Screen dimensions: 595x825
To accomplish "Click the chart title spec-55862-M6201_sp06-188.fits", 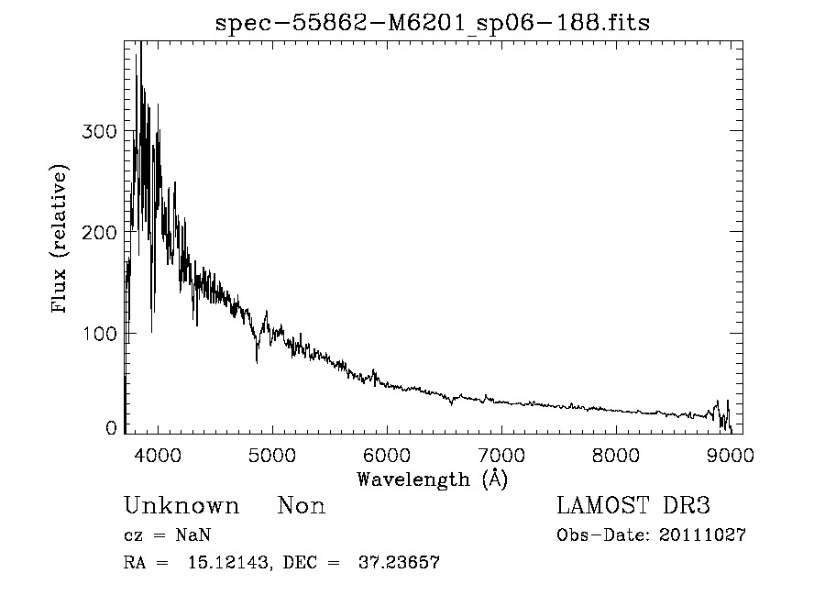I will (x=433, y=24).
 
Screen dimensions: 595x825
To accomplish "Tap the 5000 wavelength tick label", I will (x=272, y=454).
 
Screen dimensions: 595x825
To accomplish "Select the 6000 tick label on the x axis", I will (x=387, y=454).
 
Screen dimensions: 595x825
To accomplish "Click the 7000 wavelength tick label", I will (x=501, y=454).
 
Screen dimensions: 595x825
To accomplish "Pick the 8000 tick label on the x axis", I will (x=616, y=454).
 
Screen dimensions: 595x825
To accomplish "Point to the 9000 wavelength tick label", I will (x=731, y=454).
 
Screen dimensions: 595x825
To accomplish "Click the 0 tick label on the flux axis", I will (x=111, y=428).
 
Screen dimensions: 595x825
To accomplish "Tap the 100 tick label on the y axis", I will (x=99, y=332).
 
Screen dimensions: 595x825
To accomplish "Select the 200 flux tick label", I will (x=99, y=232).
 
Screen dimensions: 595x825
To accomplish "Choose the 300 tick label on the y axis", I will (x=99, y=132).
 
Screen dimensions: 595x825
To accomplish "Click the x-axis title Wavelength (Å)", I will (x=432, y=479).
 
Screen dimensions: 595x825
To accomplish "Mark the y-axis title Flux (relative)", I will (x=61, y=240).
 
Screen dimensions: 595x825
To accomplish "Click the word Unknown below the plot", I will (x=181, y=506).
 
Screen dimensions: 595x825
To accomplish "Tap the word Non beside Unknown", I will (x=302, y=506).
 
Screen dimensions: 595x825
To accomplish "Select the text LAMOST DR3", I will (x=633, y=506).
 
